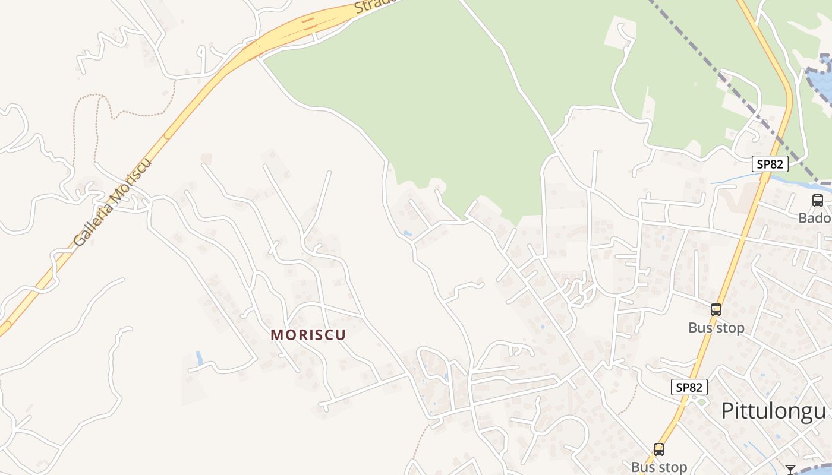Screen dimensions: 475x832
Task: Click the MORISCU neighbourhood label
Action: (308, 334)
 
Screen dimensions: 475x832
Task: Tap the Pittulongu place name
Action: (773, 411)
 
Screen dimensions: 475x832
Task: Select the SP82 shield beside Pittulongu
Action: (689, 387)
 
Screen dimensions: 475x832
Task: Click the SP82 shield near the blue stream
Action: (770, 164)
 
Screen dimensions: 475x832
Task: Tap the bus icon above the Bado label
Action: (818, 201)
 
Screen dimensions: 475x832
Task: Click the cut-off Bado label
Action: (815, 218)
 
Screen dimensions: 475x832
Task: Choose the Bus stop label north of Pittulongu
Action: (716, 328)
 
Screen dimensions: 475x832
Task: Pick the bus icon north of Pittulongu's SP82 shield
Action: (716, 309)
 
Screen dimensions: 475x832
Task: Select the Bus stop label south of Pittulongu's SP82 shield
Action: (658, 467)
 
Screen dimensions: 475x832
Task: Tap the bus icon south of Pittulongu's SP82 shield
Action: (658, 449)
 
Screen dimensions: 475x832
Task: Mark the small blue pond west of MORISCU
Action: (198, 357)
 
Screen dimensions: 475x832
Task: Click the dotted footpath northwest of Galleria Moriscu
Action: (89, 113)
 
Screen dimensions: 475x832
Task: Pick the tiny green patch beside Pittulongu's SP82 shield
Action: (701, 403)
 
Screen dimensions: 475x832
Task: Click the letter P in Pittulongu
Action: (727, 411)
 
